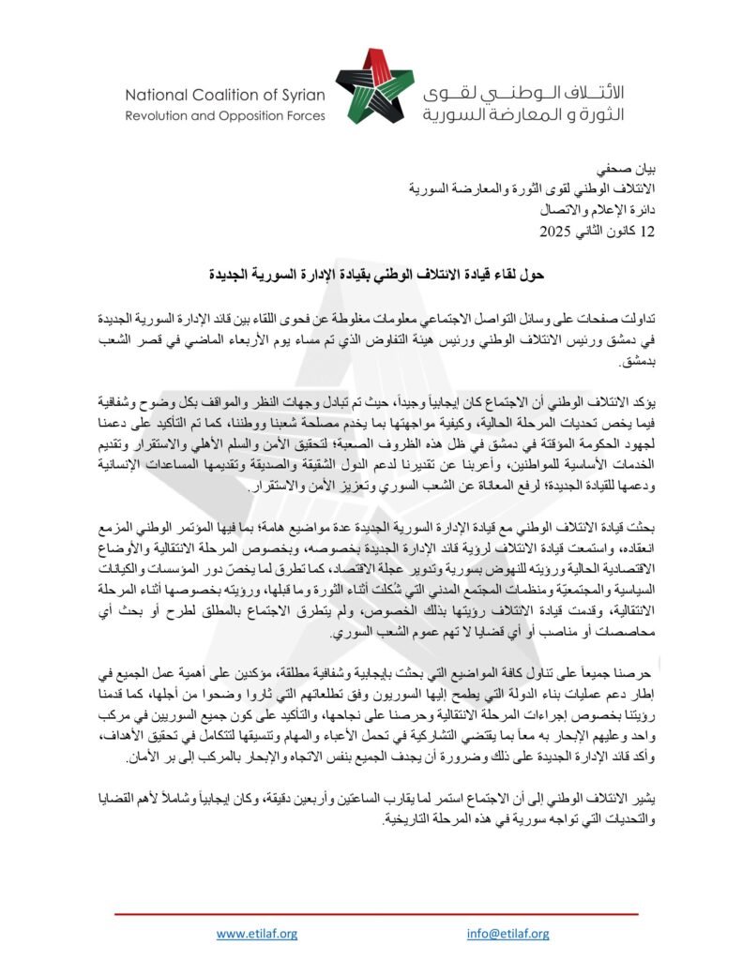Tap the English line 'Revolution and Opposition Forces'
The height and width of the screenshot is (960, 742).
click(225, 116)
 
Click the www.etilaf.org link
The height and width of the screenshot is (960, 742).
click(256, 933)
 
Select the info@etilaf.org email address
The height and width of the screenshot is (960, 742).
click(507, 933)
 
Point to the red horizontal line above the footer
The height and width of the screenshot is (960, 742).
click(375, 912)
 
